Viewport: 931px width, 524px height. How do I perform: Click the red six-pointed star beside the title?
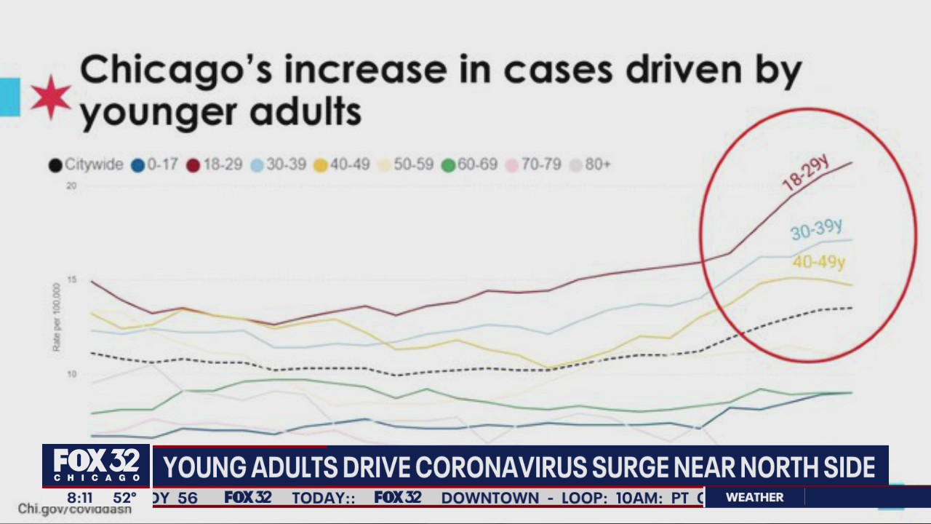(x=51, y=97)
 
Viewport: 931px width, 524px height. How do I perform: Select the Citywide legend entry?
(x=86, y=164)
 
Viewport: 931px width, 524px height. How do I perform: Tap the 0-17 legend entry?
(x=154, y=164)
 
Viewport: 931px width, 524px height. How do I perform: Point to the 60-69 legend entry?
(x=469, y=164)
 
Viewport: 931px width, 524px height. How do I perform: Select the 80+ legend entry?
(x=590, y=164)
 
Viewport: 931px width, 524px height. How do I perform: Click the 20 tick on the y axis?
(x=71, y=186)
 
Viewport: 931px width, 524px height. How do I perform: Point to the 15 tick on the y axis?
(x=71, y=280)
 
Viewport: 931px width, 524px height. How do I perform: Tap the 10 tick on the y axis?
(x=71, y=374)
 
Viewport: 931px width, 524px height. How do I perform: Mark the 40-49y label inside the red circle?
(x=819, y=262)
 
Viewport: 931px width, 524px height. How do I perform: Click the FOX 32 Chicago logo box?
(x=97, y=466)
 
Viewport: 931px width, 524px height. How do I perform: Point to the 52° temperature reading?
(x=124, y=499)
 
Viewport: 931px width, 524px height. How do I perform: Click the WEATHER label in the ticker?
(x=755, y=498)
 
